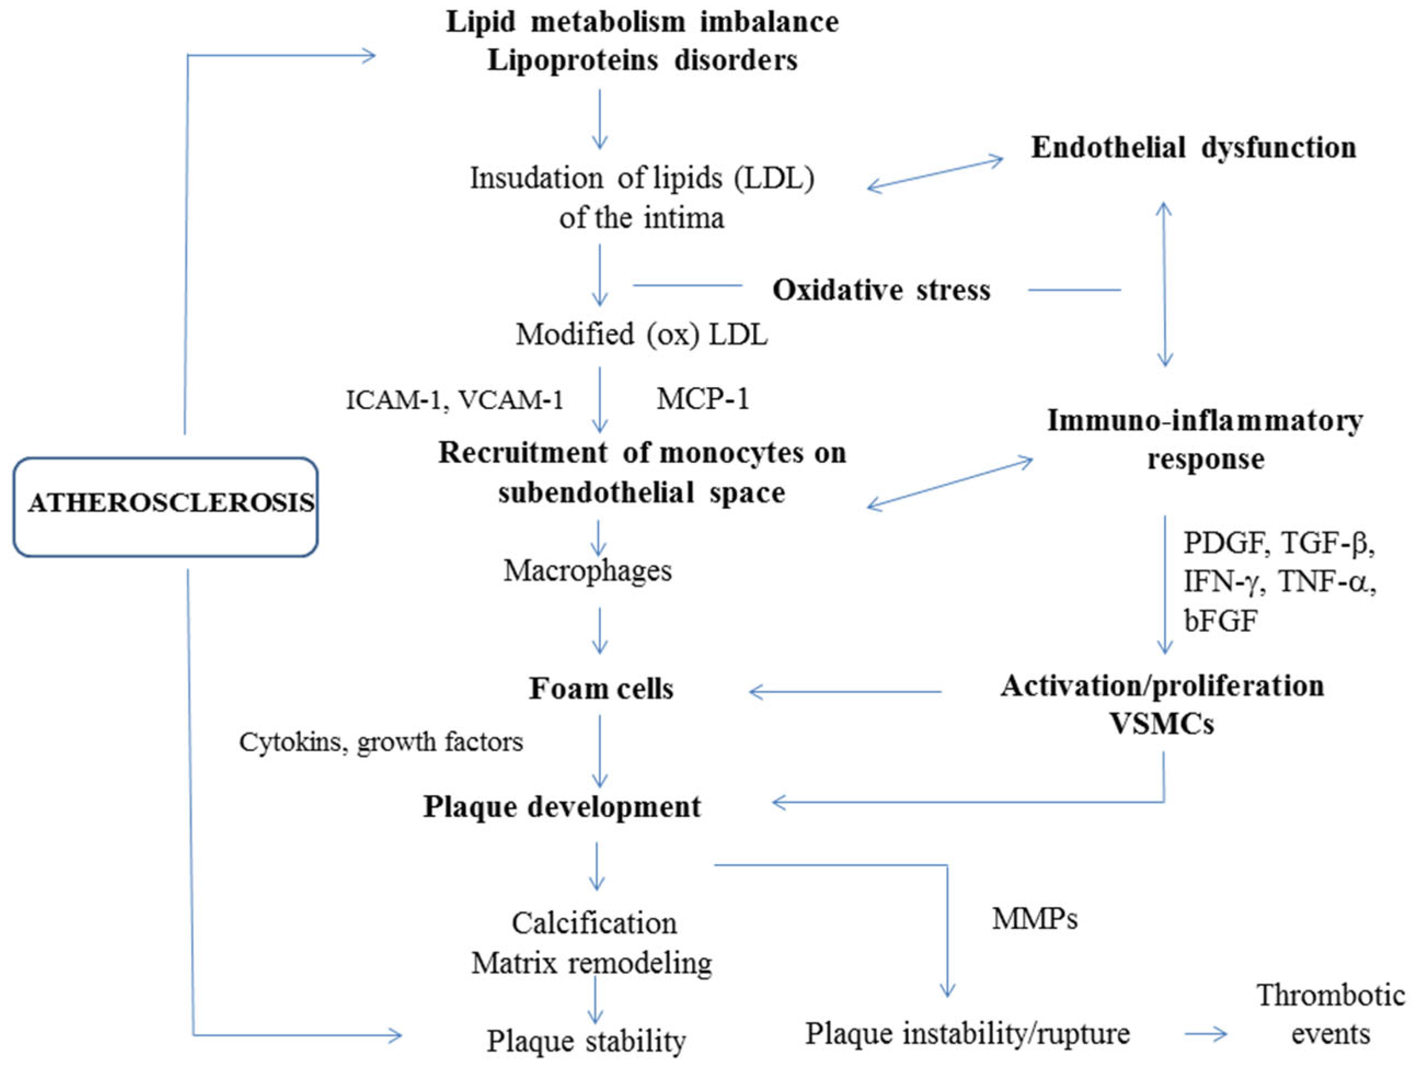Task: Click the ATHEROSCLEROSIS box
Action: pyautogui.click(x=165, y=507)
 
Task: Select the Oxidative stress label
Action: pyautogui.click(x=881, y=290)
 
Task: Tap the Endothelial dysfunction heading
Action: pyautogui.click(x=1193, y=148)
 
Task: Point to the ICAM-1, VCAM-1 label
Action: pyautogui.click(x=454, y=400)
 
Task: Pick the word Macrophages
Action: pyautogui.click(x=587, y=570)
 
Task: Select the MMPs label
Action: pyautogui.click(x=1035, y=919)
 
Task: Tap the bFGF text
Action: pyautogui.click(x=1220, y=620)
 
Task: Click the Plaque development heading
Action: pyautogui.click(x=562, y=807)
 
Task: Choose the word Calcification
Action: pyautogui.click(x=593, y=923)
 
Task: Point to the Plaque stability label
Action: pyautogui.click(x=586, y=1040)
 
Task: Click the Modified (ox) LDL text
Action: pyautogui.click(x=642, y=335)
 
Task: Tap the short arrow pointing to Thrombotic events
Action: pyautogui.click(x=1205, y=1034)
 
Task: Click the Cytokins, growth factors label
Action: pyautogui.click(x=381, y=742)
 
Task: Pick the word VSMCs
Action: pyautogui.click(x=1162, y=724)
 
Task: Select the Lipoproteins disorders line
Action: pyautogui.click(x=642, y=61)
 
